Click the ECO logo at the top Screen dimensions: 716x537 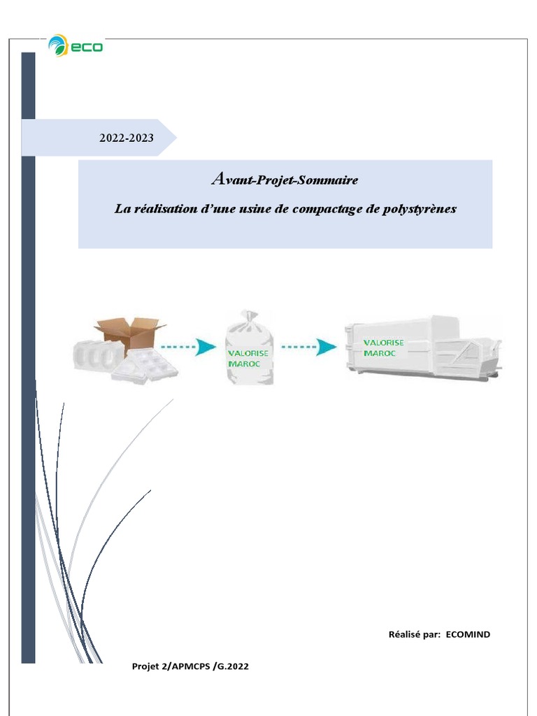click(x=76, y=46)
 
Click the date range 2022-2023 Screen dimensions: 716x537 click(x=126, y=138)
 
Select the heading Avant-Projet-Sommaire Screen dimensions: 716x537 click(x=285, y=180)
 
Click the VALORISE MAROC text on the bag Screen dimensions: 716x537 click(x=248, y=358)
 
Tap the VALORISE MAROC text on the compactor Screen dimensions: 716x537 click(x=384, y=348)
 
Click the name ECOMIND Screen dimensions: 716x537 click(x=468, y=634)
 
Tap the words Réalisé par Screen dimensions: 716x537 click(x=414, y=634)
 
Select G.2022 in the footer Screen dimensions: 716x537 click(x=231, y=667)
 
